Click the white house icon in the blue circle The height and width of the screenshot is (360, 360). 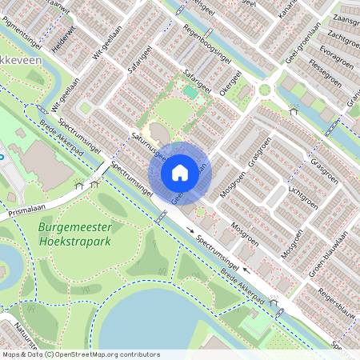tap(180, 172)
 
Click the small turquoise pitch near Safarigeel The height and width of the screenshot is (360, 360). tap(190, 92)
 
